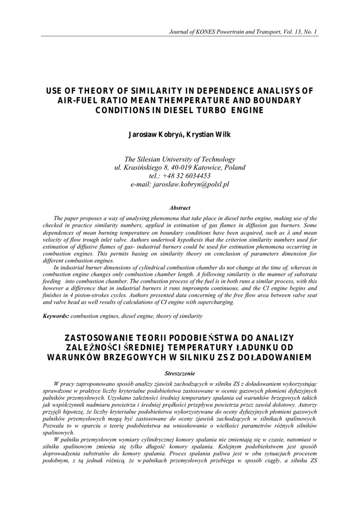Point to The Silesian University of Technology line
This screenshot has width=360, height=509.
(x=180, y=159)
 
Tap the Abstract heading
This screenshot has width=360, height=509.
(x=180, y=208)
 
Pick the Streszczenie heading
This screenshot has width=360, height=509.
(x=180, y=373)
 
